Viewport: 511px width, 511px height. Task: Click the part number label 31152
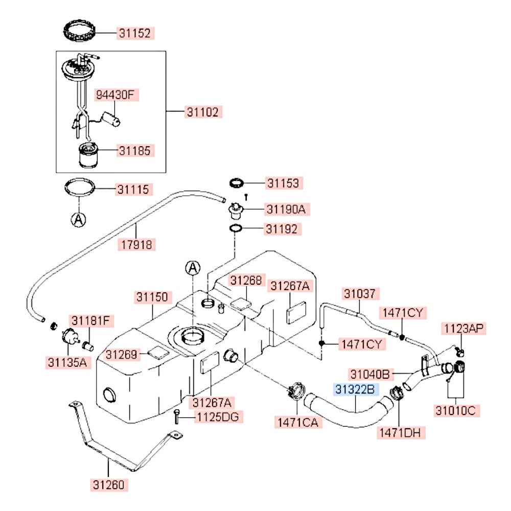(135, 33)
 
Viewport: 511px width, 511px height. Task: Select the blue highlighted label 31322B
(355, 389)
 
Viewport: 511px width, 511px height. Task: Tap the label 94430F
(115, 95)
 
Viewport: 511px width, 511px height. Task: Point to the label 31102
(203, 112)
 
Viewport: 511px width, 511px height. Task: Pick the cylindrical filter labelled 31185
(88, 155)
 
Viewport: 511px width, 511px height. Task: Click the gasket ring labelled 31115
(80, 187)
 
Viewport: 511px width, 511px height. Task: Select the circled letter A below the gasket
(79, 220)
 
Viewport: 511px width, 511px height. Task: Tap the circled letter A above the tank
(193, 268)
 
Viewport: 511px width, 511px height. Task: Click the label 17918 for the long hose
(137, 245)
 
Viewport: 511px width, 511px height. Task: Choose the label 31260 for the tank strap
(109, 484)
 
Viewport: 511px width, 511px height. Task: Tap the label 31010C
(456, 411)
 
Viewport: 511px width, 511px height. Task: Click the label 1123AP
(464, 329)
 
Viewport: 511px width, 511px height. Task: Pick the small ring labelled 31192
(236, 229)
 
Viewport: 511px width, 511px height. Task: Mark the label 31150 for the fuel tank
(152, 297)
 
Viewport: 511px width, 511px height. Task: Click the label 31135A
(67, 362)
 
